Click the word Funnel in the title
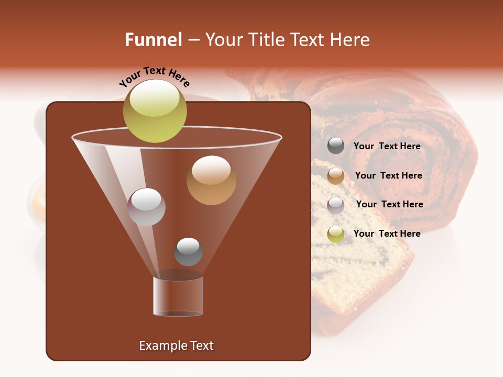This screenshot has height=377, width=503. [153, 40]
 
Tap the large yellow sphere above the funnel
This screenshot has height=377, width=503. [155, 110]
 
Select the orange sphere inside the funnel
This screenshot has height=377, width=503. [211, 180]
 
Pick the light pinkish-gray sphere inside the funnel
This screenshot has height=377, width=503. [146, 207]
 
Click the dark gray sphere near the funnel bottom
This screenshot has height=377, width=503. [188, 251]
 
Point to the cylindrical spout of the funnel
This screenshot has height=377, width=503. [178, 296]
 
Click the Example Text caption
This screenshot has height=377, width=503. [176, 346]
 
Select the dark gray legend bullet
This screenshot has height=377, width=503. [336, 146]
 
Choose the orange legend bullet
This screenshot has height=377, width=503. [336, 176]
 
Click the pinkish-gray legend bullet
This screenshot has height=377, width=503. [336, 205]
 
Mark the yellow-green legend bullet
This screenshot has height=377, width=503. [336, 234]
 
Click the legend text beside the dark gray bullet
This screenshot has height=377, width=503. [387, 146]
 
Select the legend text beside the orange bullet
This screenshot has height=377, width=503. [388, 175]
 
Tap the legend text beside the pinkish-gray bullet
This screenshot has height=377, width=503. [389, 204]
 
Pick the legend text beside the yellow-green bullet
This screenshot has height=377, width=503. [387, 234]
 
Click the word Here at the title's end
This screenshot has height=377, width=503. [350, 40]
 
